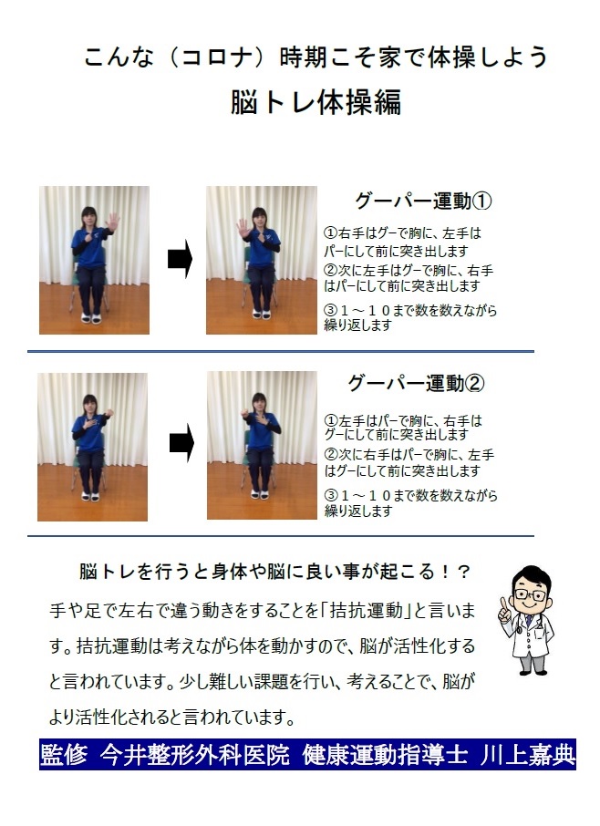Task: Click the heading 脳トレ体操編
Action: tap(316, 102)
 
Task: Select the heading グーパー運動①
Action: tap(423, 201)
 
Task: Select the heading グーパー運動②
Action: tap(416, 383)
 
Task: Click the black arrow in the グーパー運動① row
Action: tap(181, 259)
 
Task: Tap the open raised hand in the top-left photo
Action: tap(112, 222)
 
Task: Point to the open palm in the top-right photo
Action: tap(243, 228)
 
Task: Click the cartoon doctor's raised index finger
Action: tap(504, 604)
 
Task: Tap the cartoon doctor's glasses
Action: tap(529, 594)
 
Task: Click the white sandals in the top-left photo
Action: tap(90, 318)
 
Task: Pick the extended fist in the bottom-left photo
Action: tap(109, 413)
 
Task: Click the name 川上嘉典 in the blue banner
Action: tap(527, 755)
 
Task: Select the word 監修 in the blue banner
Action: tap(63, 755)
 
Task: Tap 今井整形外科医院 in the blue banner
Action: tap(195, 755)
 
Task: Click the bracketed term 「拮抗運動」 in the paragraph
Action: tap(367, 610)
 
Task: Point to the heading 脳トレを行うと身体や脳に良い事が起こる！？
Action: tap(274, 572)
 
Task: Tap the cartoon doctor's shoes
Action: tap(531, 671)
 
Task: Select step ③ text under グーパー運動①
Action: tap(410, 317)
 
